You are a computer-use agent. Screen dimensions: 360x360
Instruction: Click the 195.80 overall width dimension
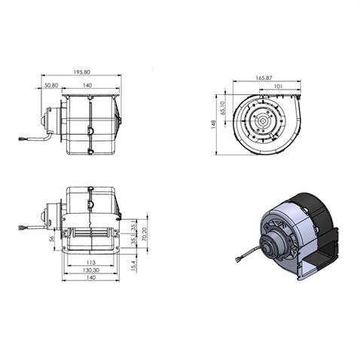82,72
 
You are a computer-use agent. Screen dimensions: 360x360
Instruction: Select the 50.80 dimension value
51,86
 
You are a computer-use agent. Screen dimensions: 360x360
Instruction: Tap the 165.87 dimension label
264,78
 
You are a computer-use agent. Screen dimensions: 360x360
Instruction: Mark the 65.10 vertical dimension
224,108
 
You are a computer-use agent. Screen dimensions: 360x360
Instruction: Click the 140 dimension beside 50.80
88,86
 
